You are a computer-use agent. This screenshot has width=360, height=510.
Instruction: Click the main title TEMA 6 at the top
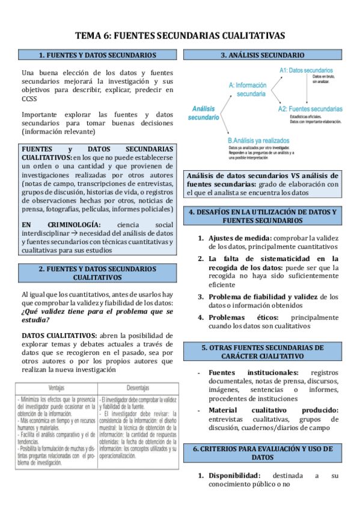(x=180, y=35)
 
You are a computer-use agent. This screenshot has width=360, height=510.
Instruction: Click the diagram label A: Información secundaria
(x=251, y=90)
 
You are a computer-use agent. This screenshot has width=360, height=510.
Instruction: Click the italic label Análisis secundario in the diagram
(x=203, y=113)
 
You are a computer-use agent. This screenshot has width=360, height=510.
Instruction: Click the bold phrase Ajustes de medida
(x=239, y=238)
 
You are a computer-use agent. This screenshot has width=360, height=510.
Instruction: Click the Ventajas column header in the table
(x=56, y=388)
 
